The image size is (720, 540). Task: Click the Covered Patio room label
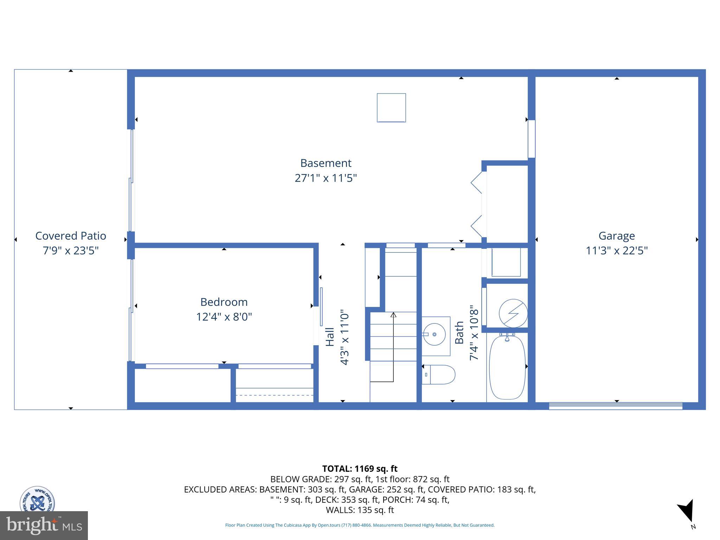point(71,236)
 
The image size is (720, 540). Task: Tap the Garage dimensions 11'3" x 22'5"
point(617,251)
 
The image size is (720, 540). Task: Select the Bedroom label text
point(224,302)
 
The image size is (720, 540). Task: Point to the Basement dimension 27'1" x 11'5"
point(326,178)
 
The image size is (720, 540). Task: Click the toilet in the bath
point(439,374)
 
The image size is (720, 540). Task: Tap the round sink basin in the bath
point(435,334)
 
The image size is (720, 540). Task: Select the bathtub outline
point(507,367)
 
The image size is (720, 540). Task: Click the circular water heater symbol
point(513,313)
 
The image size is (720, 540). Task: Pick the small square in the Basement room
point(391,108)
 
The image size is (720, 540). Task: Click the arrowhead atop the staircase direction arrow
point(393,315)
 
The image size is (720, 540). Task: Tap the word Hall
point(330,337)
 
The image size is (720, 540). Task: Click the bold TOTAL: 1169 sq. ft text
point(360,469)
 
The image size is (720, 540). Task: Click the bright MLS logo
point(44,525)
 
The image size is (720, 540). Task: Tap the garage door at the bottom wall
point(616,406)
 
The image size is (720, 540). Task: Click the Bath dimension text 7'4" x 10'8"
point(474,332)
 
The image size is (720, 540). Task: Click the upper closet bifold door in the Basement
point(477,182)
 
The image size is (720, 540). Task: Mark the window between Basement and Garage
point(532,139)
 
